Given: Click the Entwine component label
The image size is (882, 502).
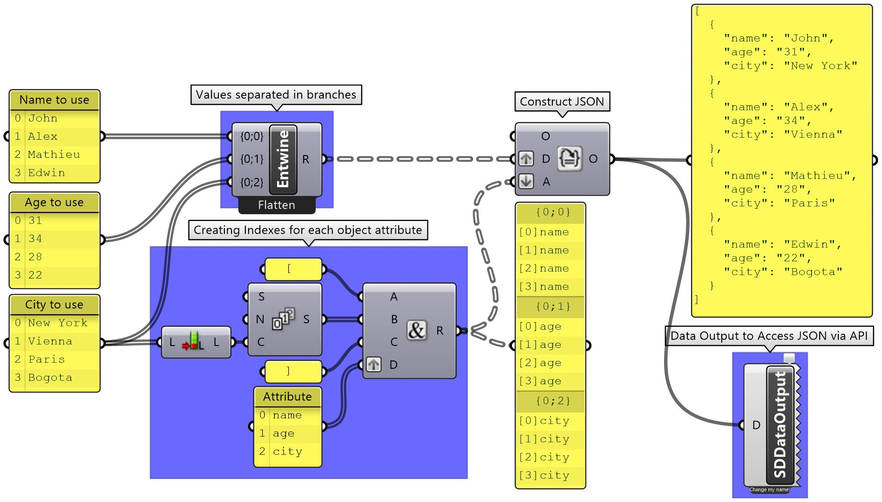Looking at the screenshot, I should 283,159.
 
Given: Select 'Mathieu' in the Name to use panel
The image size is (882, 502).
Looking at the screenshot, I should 54,155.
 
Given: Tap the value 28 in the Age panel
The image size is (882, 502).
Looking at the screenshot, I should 35,257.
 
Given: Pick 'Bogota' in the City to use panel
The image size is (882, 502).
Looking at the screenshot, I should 50,378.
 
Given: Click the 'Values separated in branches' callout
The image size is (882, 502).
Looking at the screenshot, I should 276,95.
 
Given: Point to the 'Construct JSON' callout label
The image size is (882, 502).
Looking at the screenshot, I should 562,102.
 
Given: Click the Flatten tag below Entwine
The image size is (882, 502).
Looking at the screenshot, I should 277,205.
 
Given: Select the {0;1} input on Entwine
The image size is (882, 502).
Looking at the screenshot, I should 251,159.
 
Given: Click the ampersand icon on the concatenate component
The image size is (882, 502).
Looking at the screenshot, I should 416,330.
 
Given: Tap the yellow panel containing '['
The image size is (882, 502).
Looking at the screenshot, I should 293,269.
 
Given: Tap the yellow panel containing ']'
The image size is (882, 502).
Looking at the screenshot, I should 293,371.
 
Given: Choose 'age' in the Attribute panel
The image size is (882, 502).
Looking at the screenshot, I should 283,434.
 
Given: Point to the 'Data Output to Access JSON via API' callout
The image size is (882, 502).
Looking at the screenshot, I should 769,336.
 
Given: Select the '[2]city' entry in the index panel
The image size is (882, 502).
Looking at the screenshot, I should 544,457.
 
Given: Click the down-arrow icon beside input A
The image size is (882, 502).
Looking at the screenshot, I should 526,181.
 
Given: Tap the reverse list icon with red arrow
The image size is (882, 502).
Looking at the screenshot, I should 194,342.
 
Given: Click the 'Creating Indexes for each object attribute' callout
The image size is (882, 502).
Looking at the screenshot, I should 308,230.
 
